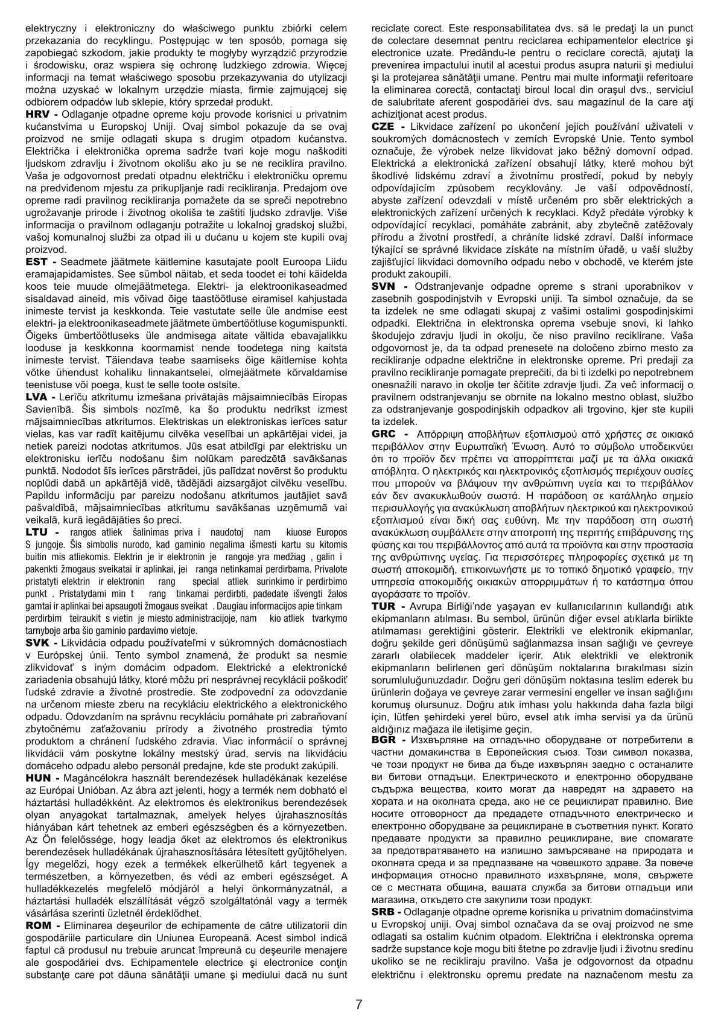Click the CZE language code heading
386,126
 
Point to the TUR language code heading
385,605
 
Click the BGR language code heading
385,739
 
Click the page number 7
359,988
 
